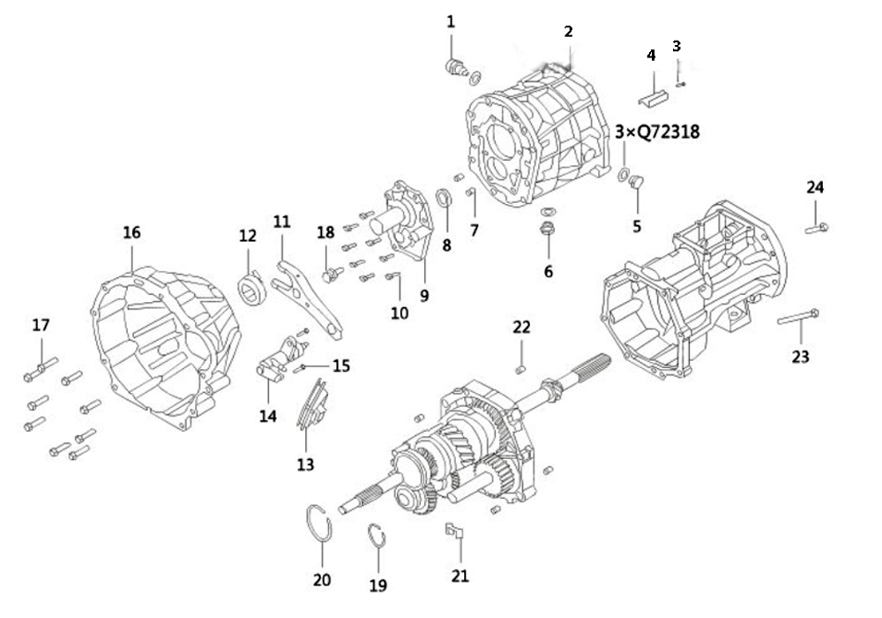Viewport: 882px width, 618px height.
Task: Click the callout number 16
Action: (131, 232)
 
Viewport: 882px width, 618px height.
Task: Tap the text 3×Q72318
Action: (657, 132)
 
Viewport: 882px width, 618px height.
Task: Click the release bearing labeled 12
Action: (251, 288)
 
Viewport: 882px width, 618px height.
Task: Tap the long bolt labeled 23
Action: (798, 317)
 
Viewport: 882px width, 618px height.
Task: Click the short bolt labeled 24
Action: (817, 228)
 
